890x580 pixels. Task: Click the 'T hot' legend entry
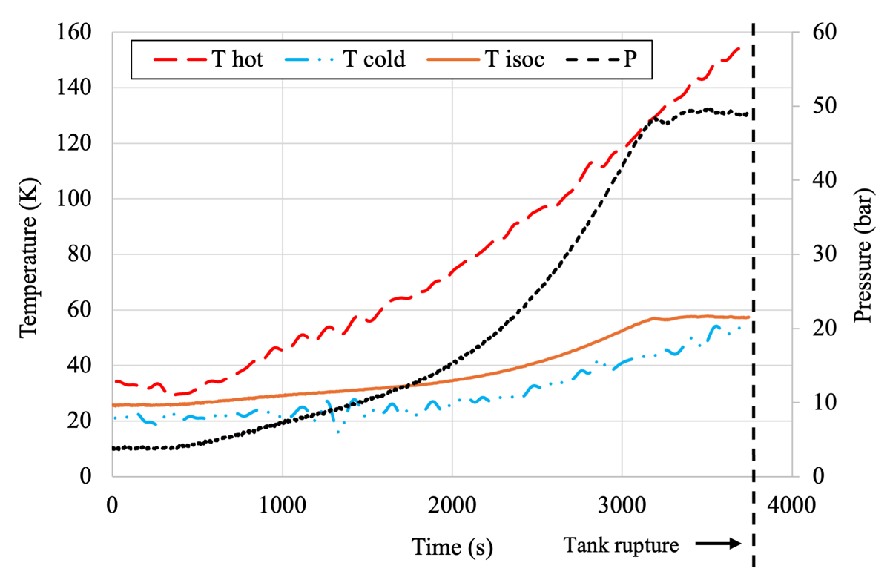click(x=208, y=59)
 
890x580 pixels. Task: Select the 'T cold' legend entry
click(x=346, y=59)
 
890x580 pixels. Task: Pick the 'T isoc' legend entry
click(x=485, y=59)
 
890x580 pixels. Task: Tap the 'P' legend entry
click(x=601, y=59)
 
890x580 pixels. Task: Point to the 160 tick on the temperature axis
click(x=74, y=32)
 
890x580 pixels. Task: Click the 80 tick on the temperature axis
click(x=80, y=254)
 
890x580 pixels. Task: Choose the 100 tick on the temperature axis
click(x=74, y=198)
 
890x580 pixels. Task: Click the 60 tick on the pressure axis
click(x=825, y=32)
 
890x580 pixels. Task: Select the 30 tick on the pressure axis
click(x=825, y=254)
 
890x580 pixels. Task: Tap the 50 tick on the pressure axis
click(x=825, y=106)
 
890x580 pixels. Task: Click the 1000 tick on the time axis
click(x=283, y=506)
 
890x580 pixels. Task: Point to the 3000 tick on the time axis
click(x=622, y=506)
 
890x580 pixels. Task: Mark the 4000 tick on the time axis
click(x=791, y=506)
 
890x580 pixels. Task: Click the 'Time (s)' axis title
click(x=452, y=547)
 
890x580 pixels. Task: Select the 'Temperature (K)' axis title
click(x=29, y=258)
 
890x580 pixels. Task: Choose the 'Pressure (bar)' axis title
click(x=864, y=254)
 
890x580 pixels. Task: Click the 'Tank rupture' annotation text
click(x=621, y=545)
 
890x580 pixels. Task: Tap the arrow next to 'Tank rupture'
click(x=719, y=544)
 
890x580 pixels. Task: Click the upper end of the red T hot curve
click(x=739, y=48)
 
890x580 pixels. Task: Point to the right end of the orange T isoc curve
click(x=749, y=317)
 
